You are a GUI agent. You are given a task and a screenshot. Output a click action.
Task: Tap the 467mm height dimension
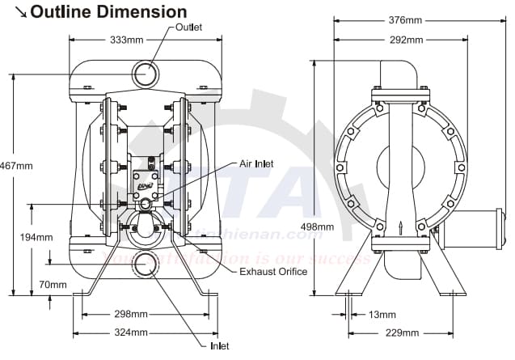(x=16, y=166)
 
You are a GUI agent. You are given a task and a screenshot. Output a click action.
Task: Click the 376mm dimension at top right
(x=403, y=20)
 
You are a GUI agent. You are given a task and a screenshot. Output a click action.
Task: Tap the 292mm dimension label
(x=403, y=39)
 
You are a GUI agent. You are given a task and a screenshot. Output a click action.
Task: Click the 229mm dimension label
(x=402, y=332)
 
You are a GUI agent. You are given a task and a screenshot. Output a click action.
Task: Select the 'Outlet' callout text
(x=188, y=28)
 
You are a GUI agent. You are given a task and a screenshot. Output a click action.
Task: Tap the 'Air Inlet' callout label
(x=256, y=164)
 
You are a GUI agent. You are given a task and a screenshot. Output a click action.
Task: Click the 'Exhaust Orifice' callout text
(x=273, y=271)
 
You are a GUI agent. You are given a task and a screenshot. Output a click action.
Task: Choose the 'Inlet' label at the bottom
(x=219, y=346)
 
